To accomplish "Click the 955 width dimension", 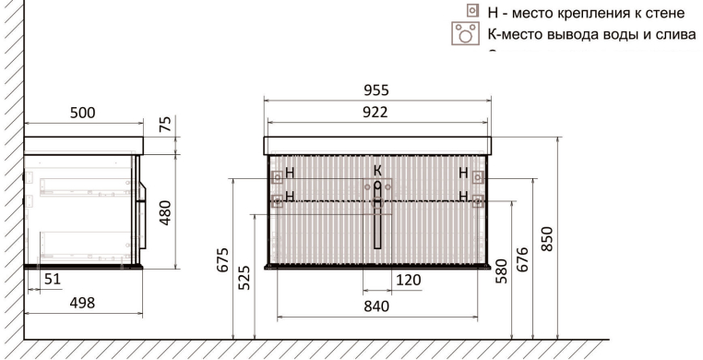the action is [x=375, y=90].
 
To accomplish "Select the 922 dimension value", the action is [x=375, y=112].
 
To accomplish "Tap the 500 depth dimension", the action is [x=83, y=113].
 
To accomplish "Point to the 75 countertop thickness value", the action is [x=165, y=126].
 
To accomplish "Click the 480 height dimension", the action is [x=165, y=212].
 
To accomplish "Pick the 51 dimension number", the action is [x=52, y=280].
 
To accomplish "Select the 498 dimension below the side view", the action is [x=82, y=303].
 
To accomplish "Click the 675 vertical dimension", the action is [x=223, y=260].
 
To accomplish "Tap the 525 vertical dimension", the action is [x=244, y=278].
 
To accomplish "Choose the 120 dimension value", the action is [x=409, y=281].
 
